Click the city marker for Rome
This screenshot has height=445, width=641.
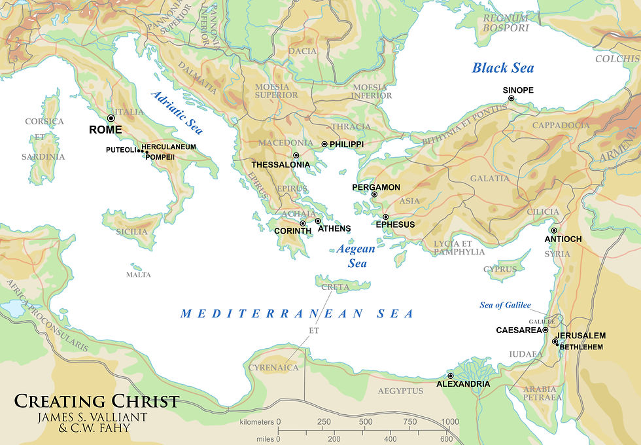tap(111, 118)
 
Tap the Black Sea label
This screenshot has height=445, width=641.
tap(503, 67)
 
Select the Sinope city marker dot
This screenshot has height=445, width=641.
tap(511, 99)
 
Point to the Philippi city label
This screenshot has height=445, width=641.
tap(347, 144)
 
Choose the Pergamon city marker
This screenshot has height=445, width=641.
tap(375, 194)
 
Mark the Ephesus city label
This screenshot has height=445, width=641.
tap(395, 224)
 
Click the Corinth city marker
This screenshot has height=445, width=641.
tap(302, 224)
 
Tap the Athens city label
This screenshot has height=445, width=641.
tap(334, 229)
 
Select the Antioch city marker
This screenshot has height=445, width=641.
tap(554, 230)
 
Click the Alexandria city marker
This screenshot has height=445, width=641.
tap(450, 376)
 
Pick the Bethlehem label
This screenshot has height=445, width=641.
tap(581, 347)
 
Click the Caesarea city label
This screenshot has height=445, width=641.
tap(518, 330)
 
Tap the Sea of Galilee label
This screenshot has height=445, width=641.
tap(505, 305)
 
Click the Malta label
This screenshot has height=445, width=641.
tap(139, 275)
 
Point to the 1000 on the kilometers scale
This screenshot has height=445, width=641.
tap(450, 421)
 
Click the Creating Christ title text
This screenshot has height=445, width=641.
tap(97, 401)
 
